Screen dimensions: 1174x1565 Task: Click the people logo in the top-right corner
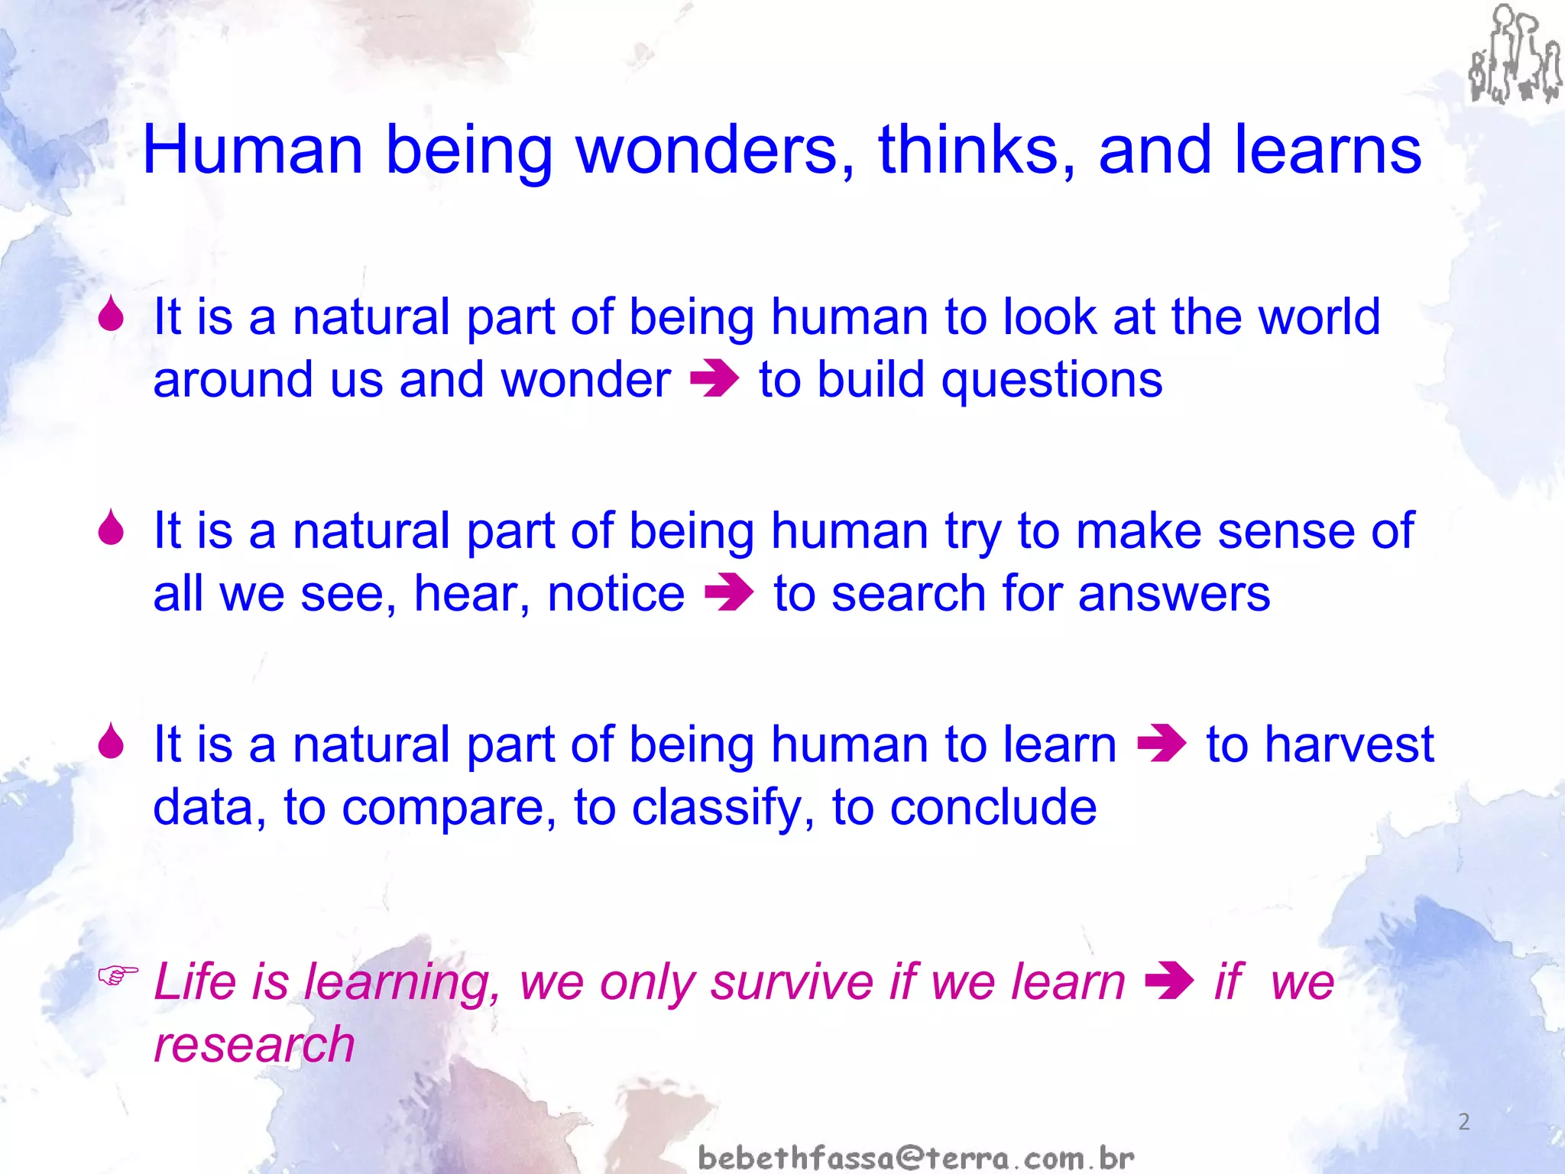coord(1514,55)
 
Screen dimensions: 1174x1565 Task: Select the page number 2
coord(1463,1122)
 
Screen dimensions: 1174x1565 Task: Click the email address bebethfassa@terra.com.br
coord(915,1158)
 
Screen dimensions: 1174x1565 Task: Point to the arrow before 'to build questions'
coord(714,380)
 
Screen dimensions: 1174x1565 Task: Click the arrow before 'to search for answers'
coord(729,594)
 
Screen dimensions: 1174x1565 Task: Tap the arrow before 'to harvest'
coord(1162,744)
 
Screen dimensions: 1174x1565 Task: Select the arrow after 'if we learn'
coord(1169,981)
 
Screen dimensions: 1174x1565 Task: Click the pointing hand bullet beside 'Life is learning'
coord(118,975)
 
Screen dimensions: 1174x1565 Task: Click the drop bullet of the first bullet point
coord(112,314)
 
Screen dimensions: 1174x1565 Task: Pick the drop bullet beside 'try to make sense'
coord(112,528)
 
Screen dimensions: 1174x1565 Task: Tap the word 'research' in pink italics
coord(254,1046)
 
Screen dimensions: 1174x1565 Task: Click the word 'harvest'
coord(1349,744)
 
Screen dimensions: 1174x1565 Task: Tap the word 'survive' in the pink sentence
coord(791,981)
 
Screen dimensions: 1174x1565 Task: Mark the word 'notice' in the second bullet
coord(616,594)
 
